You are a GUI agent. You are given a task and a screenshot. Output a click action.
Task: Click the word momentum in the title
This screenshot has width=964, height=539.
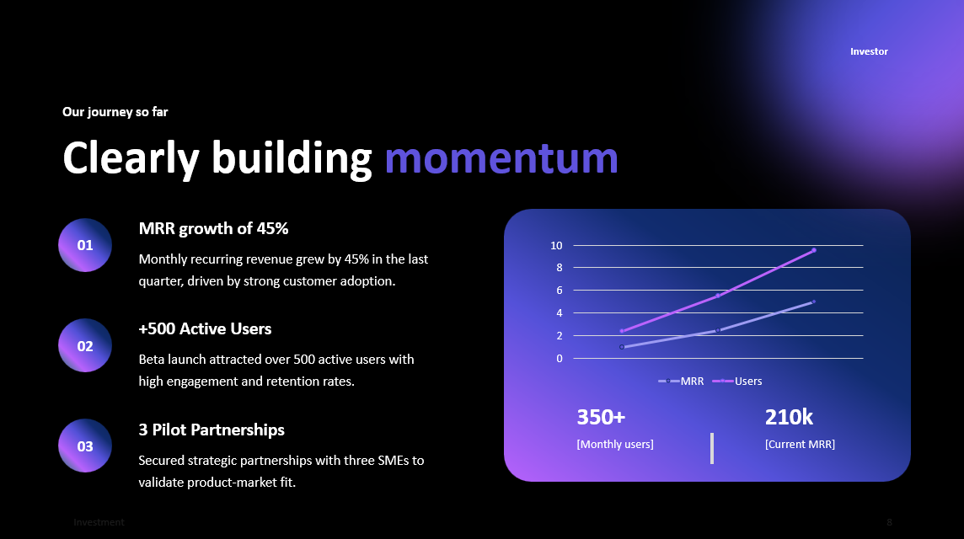pyautogui.click(x=501, y=157)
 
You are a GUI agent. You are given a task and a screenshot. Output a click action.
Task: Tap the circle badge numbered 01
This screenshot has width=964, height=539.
pyautogui.click(x=85, y=245)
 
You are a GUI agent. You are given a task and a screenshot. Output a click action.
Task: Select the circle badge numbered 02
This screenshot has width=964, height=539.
pyautogui.click(x=85, y=345)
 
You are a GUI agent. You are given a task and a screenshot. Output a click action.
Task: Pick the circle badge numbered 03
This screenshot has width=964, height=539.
pyautogui.click(x=85, y=446)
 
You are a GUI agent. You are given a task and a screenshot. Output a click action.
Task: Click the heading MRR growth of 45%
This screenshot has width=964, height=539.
pyautogui.click(x=213, y=228)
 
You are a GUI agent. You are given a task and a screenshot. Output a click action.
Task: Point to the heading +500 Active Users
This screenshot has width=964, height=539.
pyautogui.click(x=205, y=328)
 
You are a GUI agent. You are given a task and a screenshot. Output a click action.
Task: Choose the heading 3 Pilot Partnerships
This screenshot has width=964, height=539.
pyautogui.click(x=212, y=430)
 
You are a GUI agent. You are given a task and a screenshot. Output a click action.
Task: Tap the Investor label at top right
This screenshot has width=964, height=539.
pyautogui.click(x=869, y=51)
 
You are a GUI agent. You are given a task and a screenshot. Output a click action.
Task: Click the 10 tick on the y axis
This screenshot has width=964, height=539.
pyautogui.click(x=556, y=245)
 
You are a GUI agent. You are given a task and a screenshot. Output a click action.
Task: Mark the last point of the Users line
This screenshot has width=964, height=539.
pyautogui.click(x=813, y=250)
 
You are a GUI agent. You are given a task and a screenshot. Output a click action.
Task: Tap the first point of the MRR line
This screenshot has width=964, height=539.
pyautogui.click(x=622, y=347)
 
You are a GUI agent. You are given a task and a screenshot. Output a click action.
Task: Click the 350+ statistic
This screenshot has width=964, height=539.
pyautogui.click(x=601, y=417)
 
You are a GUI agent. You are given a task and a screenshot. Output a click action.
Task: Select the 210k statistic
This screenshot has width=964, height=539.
pyautogui.click(x=789, y=417)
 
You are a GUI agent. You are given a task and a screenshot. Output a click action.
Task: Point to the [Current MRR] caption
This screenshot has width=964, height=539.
pyautogui.click(x=800, y=444)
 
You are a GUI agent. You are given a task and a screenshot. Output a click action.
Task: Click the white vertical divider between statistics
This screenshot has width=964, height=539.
pyautogui.click(x=712, y=448)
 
